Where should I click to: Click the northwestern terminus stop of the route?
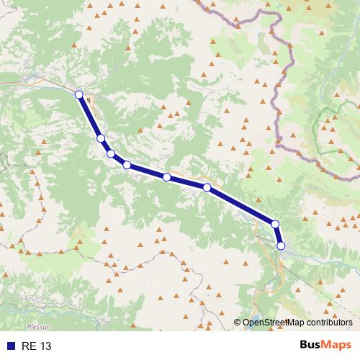coord(79,94)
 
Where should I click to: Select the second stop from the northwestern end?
coord(101,138)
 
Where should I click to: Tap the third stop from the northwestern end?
coord(111,153)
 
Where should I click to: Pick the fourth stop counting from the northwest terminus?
coord(127,165)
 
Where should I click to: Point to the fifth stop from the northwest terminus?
coord(166,176)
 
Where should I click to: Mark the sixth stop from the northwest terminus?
coord(207,187)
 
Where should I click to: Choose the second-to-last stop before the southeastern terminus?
coord(275,224)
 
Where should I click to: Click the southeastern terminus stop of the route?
coord(282,246)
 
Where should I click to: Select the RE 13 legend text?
coord(37,346)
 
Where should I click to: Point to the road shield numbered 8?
coord(88,101)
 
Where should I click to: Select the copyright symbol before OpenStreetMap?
coord(238,323)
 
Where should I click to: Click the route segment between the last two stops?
coord(279,235)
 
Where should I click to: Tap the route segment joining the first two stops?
coord(90,116)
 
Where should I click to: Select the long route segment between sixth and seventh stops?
coord(241,206)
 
